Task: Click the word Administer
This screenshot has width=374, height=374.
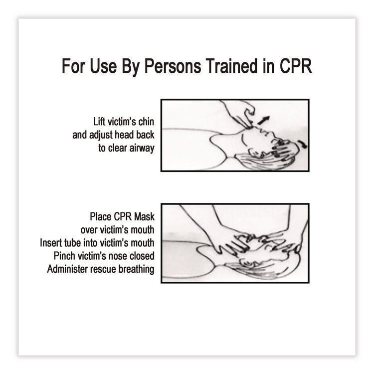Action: pyautogui.click(x=69, y=269)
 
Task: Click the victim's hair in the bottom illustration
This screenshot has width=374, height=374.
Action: pyautogui.click(x=259, y=269)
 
